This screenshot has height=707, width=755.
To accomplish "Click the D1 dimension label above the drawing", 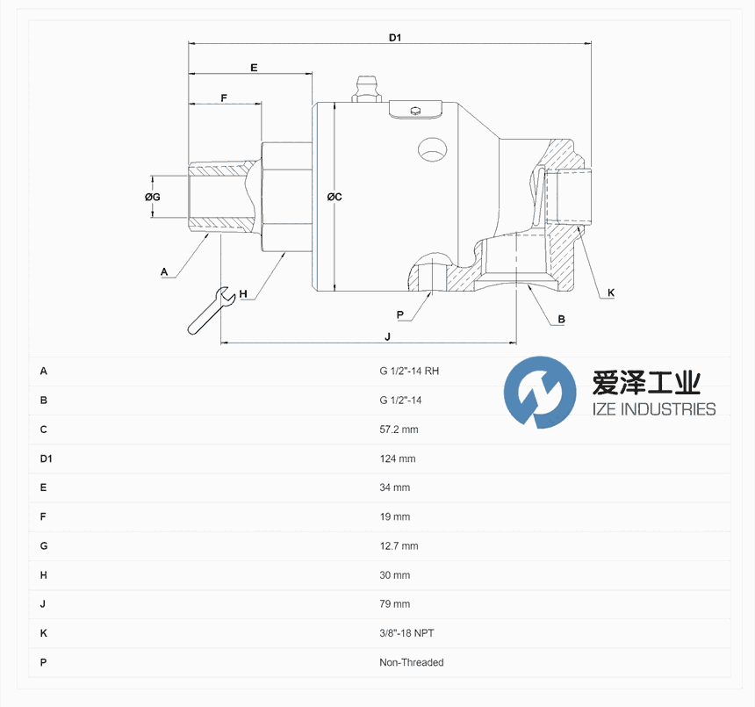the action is [x=395, y=38].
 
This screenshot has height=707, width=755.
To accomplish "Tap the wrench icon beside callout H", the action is [x=211, y=311].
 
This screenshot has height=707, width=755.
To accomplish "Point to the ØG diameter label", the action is [x=153, y=197].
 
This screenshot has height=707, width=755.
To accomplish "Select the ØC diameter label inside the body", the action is [x=334, y=197].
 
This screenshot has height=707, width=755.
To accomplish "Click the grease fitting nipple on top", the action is [x=366, y=89].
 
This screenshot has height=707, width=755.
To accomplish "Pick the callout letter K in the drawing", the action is [x=611, y=292].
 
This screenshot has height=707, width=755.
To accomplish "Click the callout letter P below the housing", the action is [x=399, y=315].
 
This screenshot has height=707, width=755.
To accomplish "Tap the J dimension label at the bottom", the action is [x=388, y=336].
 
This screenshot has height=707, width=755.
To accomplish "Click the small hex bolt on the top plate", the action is [x=415, y=112].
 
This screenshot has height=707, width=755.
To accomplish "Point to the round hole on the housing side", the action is [x=432, y=149].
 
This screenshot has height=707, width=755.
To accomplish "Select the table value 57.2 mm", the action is [x=399, y=429].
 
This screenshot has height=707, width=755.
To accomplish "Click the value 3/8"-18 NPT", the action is [x=406, y=633].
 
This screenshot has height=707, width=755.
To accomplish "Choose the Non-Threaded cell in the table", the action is [x=411, y=663].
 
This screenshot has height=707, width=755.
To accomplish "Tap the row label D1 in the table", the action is [x=46, y=459].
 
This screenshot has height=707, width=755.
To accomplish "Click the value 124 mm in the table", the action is [x=397, y=459].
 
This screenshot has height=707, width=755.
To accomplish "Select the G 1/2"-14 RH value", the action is [x=409, y=372].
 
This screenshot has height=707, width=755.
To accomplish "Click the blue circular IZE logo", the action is [x=540, y=393].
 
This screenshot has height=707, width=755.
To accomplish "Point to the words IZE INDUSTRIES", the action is [x=654, y=409].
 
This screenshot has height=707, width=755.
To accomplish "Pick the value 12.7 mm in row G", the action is [x=399, y=546].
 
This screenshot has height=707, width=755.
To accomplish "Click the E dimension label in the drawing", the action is [x=254, y=68].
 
